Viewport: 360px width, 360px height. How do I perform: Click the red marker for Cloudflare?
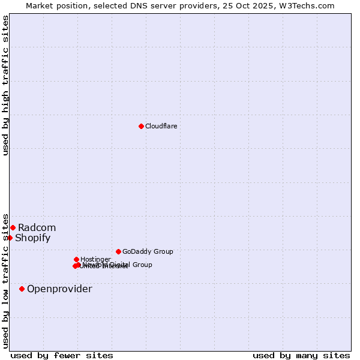[x=141, y=126]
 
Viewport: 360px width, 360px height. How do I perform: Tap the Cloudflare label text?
[x=161, y=126]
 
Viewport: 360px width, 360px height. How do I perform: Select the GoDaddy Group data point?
[x=118, y=251]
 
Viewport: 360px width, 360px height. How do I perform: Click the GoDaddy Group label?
[x=148, y=251]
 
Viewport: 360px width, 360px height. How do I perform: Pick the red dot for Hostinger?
[x=76, y=259]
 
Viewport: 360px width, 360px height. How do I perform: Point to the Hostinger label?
[x=95, y=259]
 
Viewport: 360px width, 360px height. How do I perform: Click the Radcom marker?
[x=13, y=227]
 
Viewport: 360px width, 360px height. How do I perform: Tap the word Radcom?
[x=37, y=227]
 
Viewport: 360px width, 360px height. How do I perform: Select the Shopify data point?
[x=10, y=238]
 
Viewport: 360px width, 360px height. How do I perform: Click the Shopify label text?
[x=32, y=238]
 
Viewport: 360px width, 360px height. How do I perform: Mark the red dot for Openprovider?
[x=22, y=289]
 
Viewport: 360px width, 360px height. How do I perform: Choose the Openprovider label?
[x=59, y=289]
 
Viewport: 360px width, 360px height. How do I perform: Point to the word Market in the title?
[x=39, y=5]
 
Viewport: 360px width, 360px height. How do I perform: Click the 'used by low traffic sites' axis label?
[x=5, y=280]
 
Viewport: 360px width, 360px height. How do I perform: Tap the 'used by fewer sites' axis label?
[x=62, y=355]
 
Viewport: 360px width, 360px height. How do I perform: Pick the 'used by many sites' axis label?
[x=301, y=355]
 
